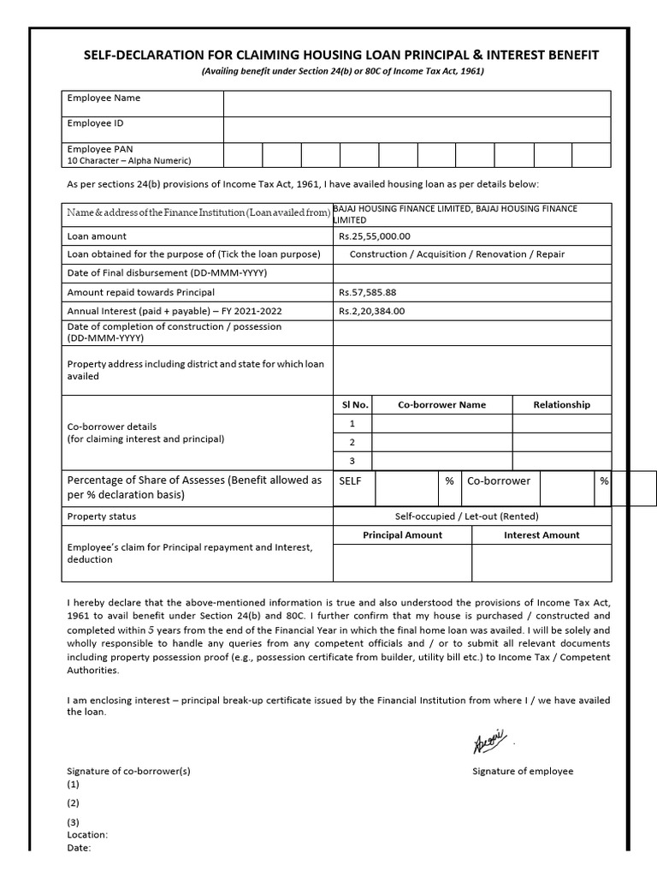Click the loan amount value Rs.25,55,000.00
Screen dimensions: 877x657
pyautogui.click(x=375, y=236)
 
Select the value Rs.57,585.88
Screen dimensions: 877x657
pyautogui.click(x=368, y=292)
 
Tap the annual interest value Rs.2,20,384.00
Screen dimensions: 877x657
pyautogui.click(x=372, y=311)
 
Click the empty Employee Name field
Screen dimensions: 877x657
pyautogui.click(x=417, y=104)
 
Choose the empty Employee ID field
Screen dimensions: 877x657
pyautogui.click(x=417, y=129)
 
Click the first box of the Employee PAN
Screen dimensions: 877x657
pyautogui.click(x=242, y=154)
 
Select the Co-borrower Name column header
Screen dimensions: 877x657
pyautogui.click(x=441, y=404)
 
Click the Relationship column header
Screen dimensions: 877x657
pyautogui.click(x=561, y=404)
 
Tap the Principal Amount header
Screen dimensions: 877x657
pyautogui.click(x=402, y=534)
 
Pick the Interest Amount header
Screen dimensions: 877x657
pyautogui.click(x=542, y=534)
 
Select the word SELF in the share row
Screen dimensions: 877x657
pyautogui.click(x=351, y=481)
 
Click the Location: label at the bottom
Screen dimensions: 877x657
pyautogui.click(x=87, y=834)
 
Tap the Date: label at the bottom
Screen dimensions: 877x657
pyautogui.click(x=79, y=848)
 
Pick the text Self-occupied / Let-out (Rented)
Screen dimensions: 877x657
pyautogui.click(x=466, y=516)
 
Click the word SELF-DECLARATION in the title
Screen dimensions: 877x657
pyautogui.click(x=139, y=55)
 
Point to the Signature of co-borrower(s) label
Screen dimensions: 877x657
pyautogui.click(x=128, y=771)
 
